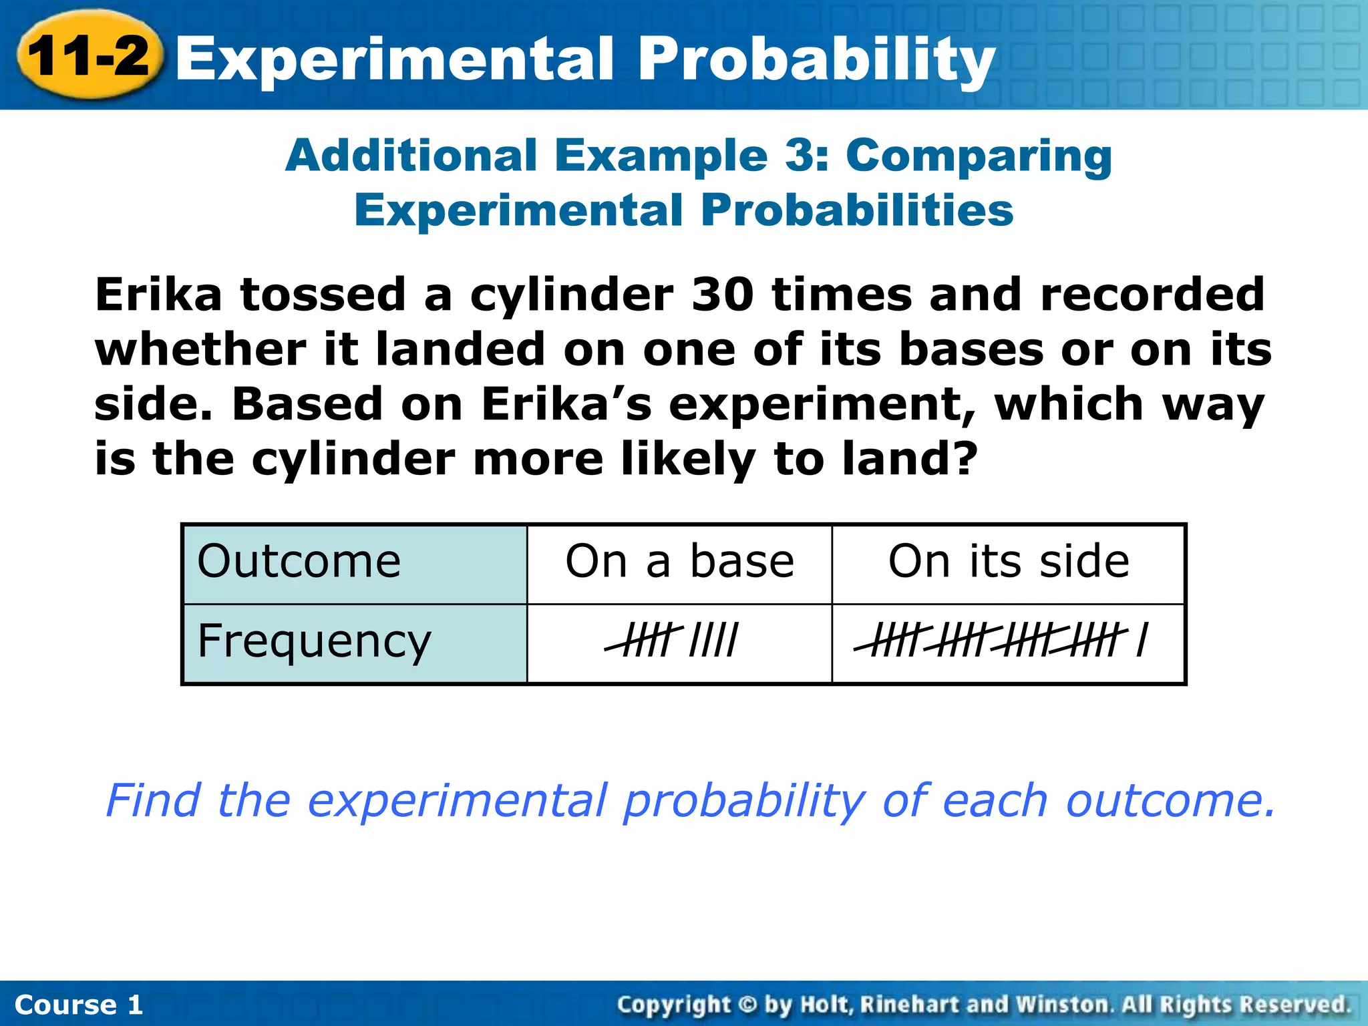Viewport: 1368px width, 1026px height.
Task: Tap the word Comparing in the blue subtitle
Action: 979,156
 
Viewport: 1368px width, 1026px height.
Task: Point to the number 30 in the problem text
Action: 722,295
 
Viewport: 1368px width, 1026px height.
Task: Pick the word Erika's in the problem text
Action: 566,405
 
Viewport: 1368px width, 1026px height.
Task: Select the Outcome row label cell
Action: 355,563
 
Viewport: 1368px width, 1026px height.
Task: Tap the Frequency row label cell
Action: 355,643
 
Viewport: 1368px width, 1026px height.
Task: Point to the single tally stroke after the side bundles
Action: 1143,640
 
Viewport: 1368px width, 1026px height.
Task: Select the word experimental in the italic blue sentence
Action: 457,800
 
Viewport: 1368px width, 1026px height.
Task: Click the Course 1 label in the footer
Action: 79,1005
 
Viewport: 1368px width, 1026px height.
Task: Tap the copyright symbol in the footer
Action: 748,1005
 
